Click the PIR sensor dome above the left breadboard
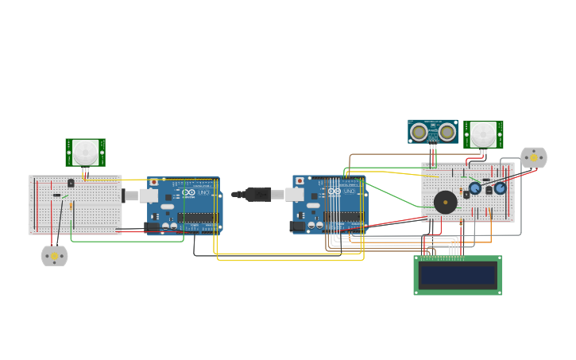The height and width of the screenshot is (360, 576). pos(85,152)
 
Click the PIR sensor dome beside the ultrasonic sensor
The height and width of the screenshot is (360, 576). pos(483,134)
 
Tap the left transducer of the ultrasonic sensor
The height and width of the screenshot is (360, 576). pos(419,131)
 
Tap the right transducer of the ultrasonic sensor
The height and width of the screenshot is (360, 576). pos(447,131)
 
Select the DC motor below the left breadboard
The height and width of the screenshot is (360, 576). pos(54,256)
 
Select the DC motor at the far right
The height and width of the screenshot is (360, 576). pos(533,157)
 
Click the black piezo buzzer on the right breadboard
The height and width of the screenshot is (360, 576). pos(445,202)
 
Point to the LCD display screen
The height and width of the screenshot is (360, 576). pos(458,275)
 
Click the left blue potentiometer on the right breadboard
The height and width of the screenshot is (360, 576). pos(475,188)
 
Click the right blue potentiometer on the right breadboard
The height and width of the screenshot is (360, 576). pos(500,188)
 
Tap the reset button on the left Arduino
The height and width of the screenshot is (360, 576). pos(153,182)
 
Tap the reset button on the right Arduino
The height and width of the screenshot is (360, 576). pos(300,181)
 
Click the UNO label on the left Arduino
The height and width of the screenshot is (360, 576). pos(202,192)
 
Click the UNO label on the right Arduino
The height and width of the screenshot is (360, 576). pos(348,192)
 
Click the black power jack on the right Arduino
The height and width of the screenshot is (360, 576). pos(297,226)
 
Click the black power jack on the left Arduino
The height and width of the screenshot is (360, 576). pos(151,226)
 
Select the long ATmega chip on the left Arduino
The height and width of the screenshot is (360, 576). pos(196,217)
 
